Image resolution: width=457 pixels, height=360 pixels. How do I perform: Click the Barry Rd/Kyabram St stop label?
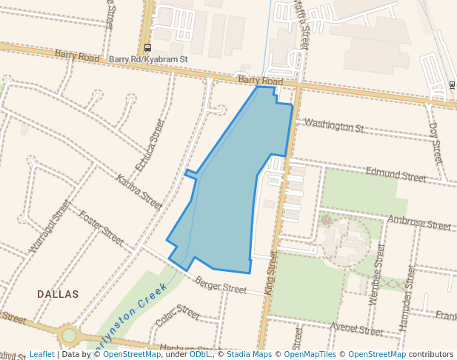click(148, 59)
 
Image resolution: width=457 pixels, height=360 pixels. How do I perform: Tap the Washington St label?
click(333, 126)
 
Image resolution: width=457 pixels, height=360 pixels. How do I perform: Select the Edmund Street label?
click(396, 175)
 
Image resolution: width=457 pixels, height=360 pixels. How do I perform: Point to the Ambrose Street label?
click(419, 223)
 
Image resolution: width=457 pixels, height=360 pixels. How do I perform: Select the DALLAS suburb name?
click(58, 294)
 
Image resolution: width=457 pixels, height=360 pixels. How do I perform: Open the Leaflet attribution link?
click(41, 354)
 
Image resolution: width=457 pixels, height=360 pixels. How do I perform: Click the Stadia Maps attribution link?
click(249, 354)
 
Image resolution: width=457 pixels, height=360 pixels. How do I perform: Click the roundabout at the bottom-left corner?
click(69, 336)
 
